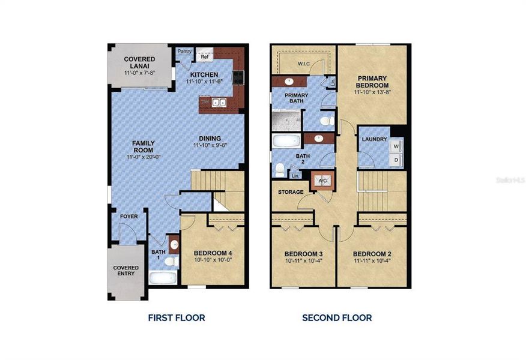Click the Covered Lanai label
pos(139,59)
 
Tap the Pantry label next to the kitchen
pos(184,52)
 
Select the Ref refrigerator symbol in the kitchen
pos(204,52)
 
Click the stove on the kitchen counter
pos(238,77)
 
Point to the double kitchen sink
pos(219,103)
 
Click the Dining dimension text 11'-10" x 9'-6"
pos(215,145)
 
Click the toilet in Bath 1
pos(171,262)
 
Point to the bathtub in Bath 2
pos(286,142)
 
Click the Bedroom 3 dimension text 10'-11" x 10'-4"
pos(303,262)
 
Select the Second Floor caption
pos(336,317)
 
